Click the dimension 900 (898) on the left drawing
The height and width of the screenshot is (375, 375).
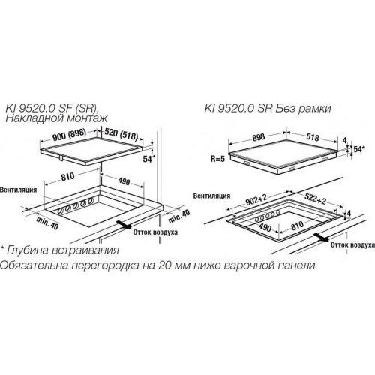tap(70, 135)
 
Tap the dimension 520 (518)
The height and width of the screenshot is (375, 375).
tap(121, 133)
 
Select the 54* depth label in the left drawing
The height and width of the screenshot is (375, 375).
tap(149, 159)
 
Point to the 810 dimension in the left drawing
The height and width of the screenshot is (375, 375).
tap(67, 177)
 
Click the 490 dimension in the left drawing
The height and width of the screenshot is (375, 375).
tap(124, 181)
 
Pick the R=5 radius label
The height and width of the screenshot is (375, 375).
tap(217, 159)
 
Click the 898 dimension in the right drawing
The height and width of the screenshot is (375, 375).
tap(259, 137)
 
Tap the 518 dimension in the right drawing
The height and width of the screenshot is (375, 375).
tap(313, 137)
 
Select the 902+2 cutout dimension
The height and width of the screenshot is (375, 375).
tap(256, 199)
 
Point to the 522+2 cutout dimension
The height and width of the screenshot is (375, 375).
tap(316, 199)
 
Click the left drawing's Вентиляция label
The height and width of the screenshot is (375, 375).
tap(19, 190)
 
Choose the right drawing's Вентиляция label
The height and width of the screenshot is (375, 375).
tap(211, 196)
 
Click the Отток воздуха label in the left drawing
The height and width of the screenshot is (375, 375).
tap(155, 232)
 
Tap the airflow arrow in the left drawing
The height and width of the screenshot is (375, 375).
tap(124, 224)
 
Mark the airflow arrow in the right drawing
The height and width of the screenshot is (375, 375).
tap(321, 237)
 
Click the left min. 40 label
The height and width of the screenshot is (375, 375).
tap(47, 223)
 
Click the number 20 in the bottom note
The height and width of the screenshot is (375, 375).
tap(164, 265)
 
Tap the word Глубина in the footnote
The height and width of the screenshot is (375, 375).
tap(28, 250)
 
